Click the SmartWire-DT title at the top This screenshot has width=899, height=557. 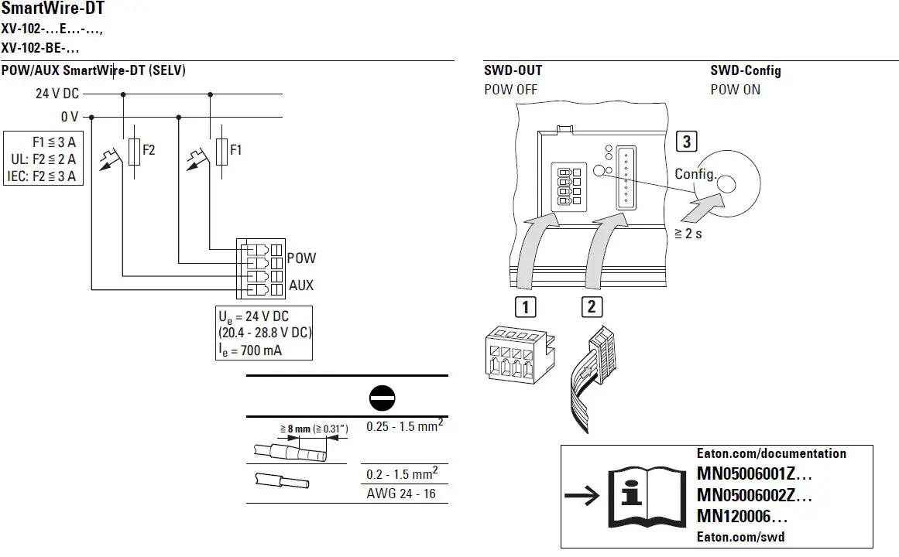tap(53, 9)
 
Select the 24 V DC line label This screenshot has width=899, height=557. tap(57, 94)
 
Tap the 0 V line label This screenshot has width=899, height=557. tap(69, 118)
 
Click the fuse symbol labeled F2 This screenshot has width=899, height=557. tap(135, 152)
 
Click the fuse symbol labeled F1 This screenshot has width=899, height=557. tap(221, 152)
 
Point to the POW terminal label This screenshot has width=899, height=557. tap(301, 258)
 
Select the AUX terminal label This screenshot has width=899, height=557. tap(301, 285)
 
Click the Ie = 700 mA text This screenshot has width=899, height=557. tap(250, 350)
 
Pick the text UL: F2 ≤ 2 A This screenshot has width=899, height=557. tap(43, 159)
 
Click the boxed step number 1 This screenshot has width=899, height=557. tap(525, 307)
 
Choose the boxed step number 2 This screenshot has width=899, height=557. tap(592, 307)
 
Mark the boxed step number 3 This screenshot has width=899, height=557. tap(685, 142)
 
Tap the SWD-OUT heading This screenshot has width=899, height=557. tap(513, 70)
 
